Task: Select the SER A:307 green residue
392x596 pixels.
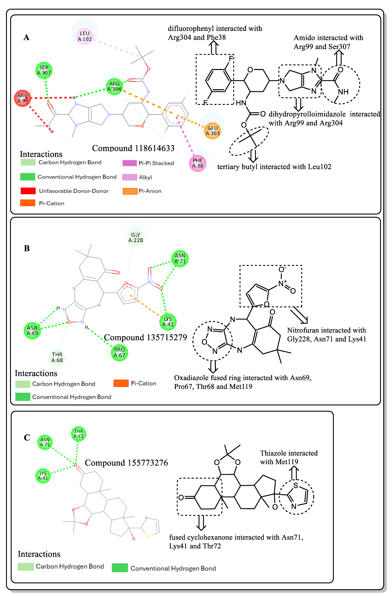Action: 44,70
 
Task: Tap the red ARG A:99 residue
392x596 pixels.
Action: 23,98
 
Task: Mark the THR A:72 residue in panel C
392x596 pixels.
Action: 78,434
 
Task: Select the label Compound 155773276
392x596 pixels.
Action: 126,463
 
